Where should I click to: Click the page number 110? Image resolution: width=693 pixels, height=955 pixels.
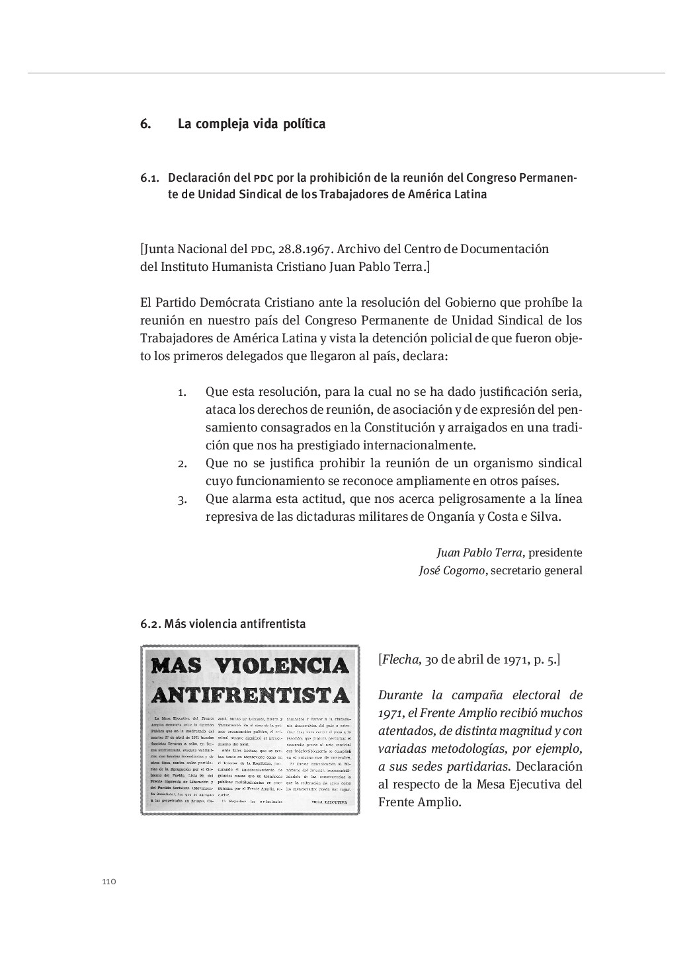(x=109, y=882)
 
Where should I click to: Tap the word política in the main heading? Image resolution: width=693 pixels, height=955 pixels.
(x=304, y=124)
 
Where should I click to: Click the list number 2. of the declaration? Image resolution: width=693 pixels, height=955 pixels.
(x=183, y=463)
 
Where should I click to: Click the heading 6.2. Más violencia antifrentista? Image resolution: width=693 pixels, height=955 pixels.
(x=223, y=623)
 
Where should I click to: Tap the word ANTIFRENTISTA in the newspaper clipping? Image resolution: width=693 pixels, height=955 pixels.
(x=251, y=695)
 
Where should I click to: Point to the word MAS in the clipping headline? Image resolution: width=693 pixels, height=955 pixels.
(x=178, y=665)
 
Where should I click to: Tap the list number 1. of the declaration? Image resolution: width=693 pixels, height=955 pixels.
(x=183, y=392)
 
